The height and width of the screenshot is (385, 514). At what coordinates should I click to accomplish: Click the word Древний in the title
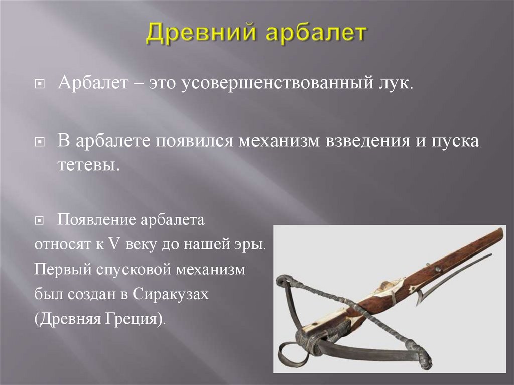[x=195, y=34]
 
